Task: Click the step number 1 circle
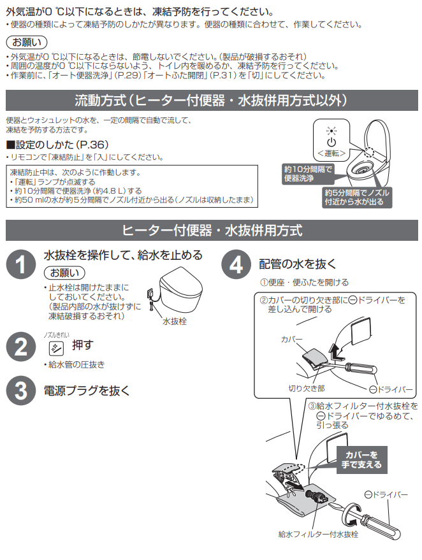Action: [x=21, y=264]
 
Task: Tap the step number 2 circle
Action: [x=21, y=348]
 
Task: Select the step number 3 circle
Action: [x=21, y=391]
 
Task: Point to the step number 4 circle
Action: [x=236, y=264]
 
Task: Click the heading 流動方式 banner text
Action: [x=211, y=101]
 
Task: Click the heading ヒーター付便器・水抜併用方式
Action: [x=211, y=230]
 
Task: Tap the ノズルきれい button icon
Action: [x=56, y=348]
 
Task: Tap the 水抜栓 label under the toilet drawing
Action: [x=175, y=322]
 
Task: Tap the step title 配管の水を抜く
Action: [x=298, y=263]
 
